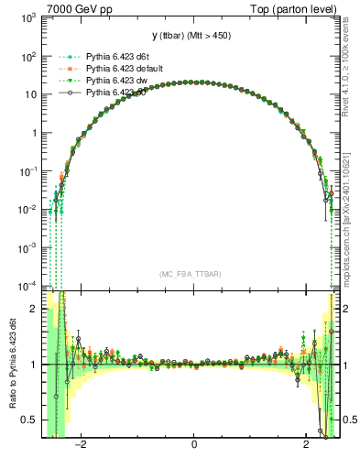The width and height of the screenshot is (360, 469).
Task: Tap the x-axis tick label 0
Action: click(x=193, y=446)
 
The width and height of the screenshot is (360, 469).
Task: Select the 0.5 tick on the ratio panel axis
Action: click(x=29, y=420)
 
